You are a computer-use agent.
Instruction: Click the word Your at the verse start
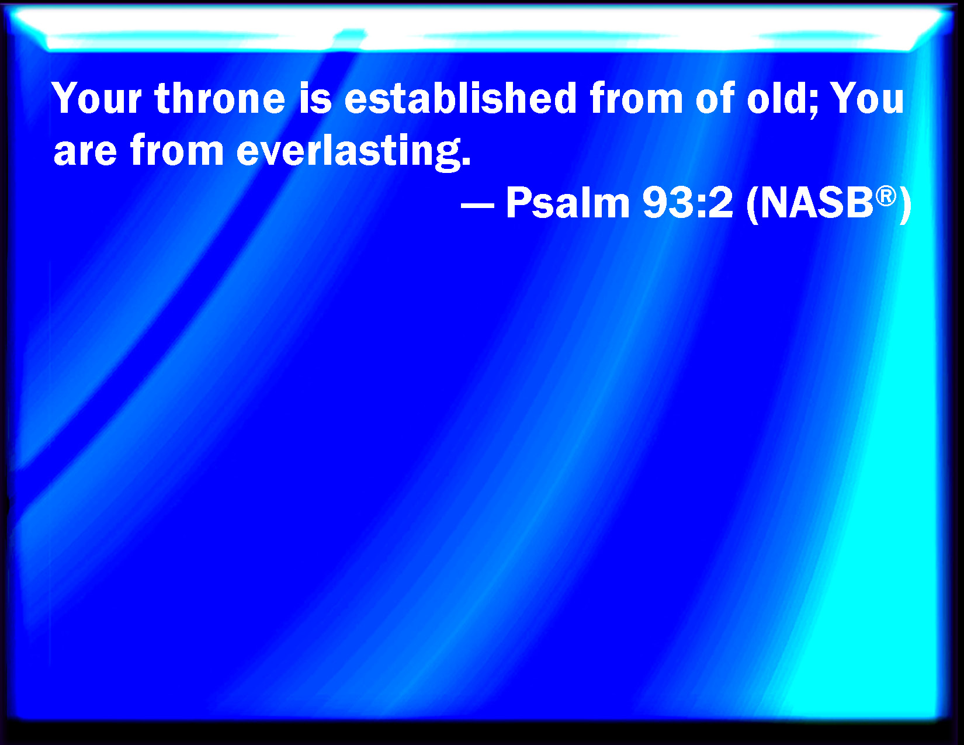[97, 98]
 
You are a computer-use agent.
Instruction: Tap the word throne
[220, 98]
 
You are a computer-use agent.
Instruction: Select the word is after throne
[315, 98]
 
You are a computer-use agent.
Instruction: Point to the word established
[460, 98]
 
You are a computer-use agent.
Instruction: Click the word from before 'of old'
[636, 98]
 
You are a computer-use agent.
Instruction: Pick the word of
[715, 98]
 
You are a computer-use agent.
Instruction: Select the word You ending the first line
[867, 98]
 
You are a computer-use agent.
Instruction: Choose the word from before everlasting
[176, 150]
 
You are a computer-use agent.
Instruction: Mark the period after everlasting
[466, 161]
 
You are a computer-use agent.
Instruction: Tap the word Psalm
[568, 202]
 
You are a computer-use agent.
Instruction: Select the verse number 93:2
[688, 202]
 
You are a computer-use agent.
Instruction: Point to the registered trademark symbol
[886, 196]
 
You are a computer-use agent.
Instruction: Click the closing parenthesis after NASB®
[905, 205]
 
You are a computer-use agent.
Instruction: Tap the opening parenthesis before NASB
[752, 205]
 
